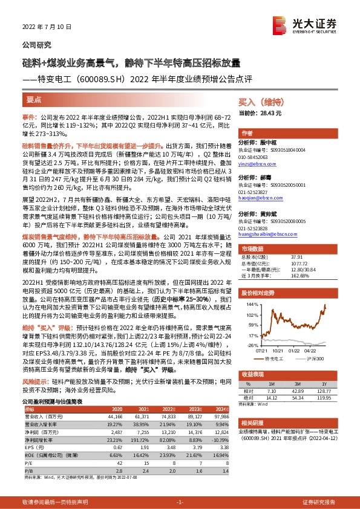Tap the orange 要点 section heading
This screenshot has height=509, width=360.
click(x=34, y=99)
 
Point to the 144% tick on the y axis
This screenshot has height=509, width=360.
click(x=249, y=305)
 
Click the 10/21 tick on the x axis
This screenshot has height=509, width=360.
click(x=278, y=350)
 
